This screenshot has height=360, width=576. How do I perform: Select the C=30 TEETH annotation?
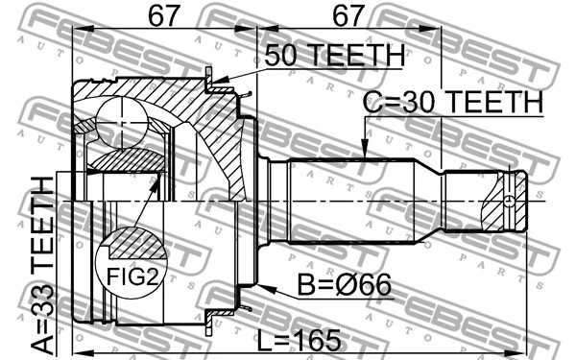(452, 101)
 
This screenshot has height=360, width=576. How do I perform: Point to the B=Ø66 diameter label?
(330, 288)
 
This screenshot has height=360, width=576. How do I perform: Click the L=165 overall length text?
(304, 338)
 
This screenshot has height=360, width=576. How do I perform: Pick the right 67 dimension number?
(348, 16)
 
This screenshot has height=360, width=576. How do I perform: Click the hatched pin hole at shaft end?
(505, 201)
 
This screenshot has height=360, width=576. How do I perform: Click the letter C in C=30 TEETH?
(372, 101)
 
